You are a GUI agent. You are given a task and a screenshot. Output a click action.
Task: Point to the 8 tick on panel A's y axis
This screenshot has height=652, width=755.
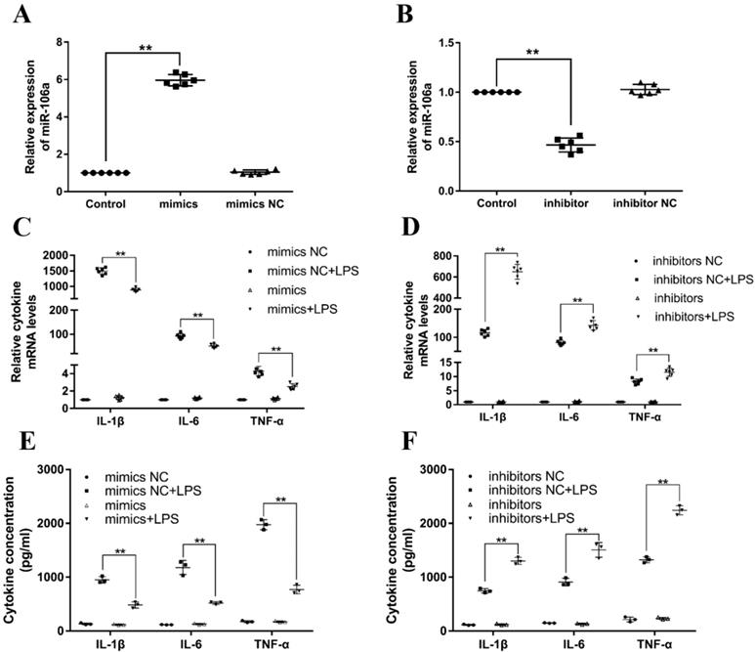[x=61, y=43]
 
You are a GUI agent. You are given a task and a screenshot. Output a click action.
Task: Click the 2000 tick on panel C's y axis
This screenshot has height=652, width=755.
[x=53, y=255]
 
